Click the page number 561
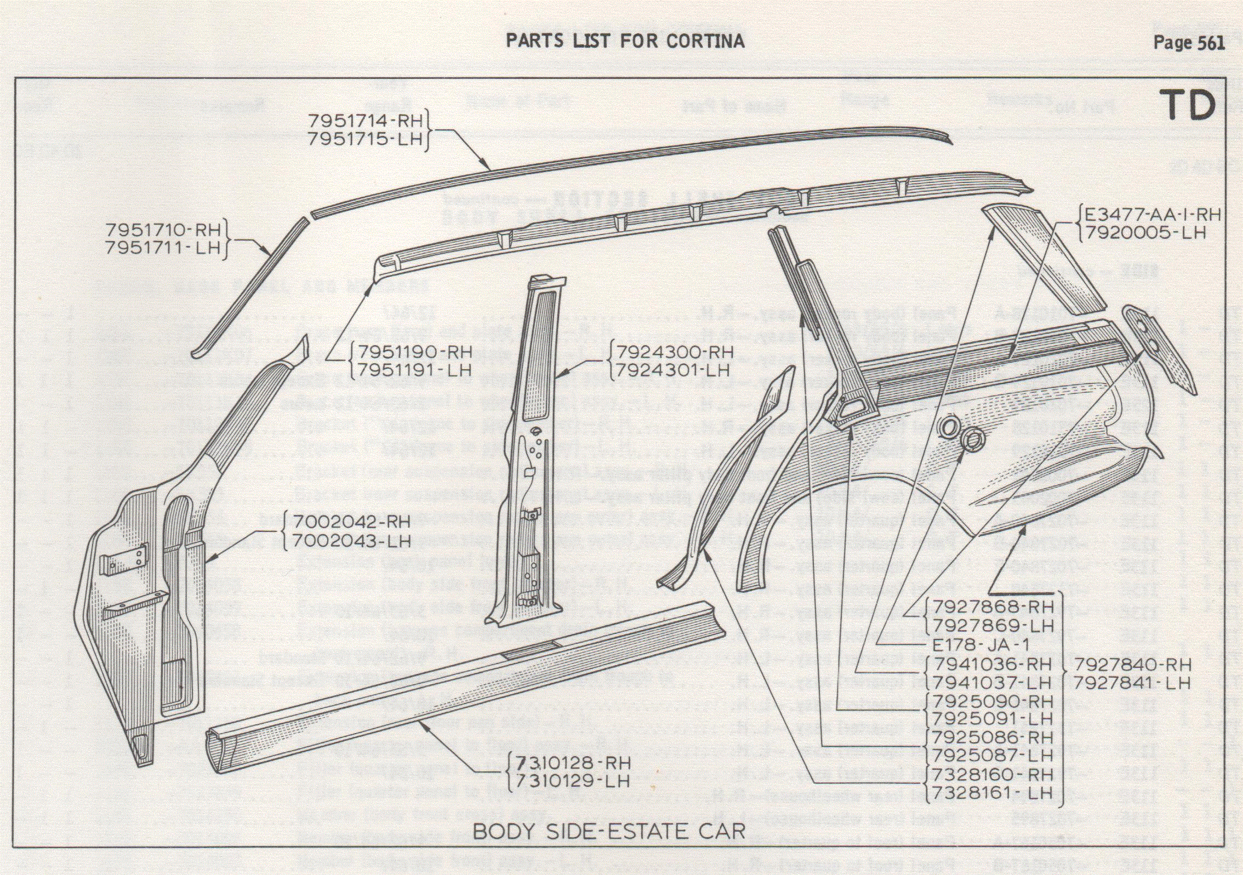click(1211, 43)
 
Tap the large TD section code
click(1187, 105)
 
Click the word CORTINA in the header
click(705, 41)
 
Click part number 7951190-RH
click(414, 351)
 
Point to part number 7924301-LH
click(673, 371)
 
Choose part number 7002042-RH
click(351, 522)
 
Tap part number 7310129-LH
click(572, 781)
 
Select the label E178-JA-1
click(980, 645)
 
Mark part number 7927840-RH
click(1132, 665)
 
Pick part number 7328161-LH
click(993, 793)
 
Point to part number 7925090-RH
click(993, 701)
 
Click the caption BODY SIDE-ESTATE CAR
click(609, 831)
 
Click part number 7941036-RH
click(993, 665)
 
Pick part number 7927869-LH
click(993, 626)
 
